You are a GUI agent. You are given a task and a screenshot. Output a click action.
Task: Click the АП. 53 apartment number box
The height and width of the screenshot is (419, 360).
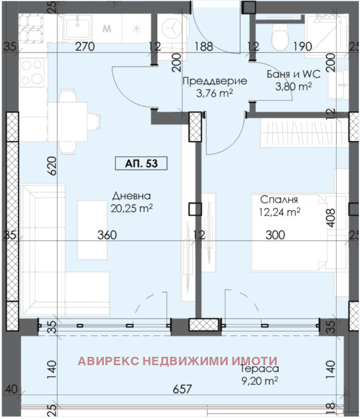141,163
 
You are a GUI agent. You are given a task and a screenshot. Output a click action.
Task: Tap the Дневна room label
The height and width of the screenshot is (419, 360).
132,196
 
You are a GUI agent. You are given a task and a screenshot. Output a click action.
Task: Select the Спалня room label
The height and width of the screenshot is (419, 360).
279,200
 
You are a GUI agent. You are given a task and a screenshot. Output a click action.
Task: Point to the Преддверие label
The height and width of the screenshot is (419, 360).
215,81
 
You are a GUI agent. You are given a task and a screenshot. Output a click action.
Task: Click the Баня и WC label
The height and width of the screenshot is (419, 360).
294,74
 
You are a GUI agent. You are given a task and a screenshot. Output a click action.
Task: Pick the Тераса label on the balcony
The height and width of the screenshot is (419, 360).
260,369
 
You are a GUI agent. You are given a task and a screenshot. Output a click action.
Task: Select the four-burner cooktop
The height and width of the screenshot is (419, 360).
33,72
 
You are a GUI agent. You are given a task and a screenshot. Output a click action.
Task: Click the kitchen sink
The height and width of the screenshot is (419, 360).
78,27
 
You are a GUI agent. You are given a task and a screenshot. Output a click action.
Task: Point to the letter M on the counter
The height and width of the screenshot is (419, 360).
107,28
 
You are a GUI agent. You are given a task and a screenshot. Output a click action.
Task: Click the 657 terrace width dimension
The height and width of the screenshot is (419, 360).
182,389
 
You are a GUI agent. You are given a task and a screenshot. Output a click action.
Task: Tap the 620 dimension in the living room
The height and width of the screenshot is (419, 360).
52,166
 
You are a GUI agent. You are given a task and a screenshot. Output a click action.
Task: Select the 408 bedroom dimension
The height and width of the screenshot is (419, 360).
331,218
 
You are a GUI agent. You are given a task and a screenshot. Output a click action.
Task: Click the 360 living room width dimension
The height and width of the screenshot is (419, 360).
107,235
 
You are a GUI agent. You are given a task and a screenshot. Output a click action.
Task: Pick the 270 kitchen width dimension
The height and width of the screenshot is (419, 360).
85,47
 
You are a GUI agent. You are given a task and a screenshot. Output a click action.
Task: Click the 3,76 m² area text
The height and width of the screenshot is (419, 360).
215,93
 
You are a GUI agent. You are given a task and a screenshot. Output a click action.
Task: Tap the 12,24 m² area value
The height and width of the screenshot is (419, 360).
279,212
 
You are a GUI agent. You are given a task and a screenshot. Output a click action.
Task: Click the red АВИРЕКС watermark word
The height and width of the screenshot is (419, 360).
108,361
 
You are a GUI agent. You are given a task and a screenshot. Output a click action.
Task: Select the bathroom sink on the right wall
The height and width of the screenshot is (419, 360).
338,85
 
